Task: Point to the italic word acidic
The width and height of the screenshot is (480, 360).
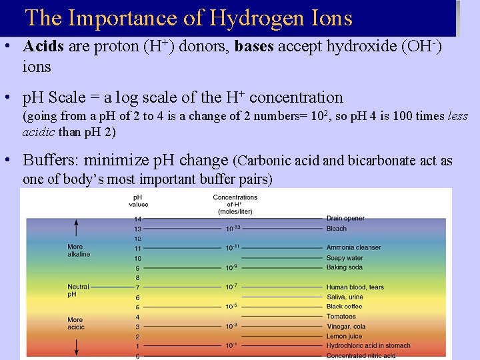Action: click(x=39, y=131)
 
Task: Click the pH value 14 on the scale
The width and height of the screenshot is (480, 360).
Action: click(x=138, y=219)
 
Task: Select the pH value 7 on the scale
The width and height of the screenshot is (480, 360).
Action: click(x=138, y=287)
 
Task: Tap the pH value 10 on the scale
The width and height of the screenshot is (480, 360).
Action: click(x=138, y=258)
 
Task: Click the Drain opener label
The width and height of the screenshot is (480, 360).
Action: click(x=345, y=219)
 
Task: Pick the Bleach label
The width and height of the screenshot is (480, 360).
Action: click(x=337, y=229)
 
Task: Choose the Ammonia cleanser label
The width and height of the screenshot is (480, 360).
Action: click(x=353, y=248)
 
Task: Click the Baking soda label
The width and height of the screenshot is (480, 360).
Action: click(x=345, y=267)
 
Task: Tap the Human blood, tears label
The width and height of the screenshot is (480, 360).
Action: click(x=355, y=287)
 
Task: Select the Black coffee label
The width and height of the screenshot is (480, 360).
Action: click(x=345, y=307)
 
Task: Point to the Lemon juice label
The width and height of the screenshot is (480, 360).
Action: click(x=343, y=336)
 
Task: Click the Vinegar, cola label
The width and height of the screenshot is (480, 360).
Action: click(x=346, y=327)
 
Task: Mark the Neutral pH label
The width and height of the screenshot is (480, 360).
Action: click(x=78, y=291)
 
